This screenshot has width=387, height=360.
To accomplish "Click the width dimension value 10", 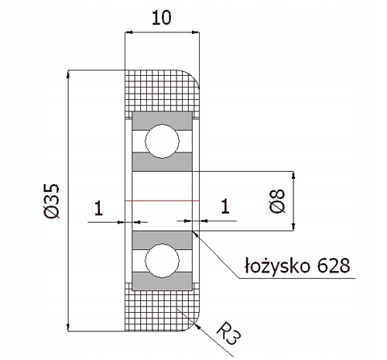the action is (162, 18).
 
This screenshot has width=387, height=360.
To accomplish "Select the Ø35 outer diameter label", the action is (52, 201).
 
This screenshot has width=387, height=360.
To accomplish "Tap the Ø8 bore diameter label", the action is (278, 201).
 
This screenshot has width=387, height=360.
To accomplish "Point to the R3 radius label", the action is (228, 333).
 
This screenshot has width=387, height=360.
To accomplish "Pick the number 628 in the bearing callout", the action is (334, 266).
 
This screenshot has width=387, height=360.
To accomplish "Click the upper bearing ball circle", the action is (162, 141).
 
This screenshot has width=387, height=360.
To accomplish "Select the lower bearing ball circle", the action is (162, 261).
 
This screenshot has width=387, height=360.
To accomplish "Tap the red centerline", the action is (162, 201).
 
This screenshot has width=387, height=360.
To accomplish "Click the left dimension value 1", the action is (98, 208).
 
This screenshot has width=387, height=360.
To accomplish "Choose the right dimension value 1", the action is (225, 206).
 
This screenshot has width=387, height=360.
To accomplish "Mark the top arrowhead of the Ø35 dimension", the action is (68, 74).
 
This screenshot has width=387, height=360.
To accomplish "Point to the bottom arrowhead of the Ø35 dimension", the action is (68, 327).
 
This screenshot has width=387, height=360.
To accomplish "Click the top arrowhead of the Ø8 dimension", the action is (293, 175).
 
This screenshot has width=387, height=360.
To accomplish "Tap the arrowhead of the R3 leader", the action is (198, 326).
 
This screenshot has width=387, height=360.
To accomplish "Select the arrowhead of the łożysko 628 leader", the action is (195, 234).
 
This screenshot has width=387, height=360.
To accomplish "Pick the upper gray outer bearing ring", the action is (162, 121).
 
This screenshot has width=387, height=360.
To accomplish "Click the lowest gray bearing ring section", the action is (162, 281).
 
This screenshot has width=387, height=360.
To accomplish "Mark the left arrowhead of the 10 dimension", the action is (128, 33).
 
